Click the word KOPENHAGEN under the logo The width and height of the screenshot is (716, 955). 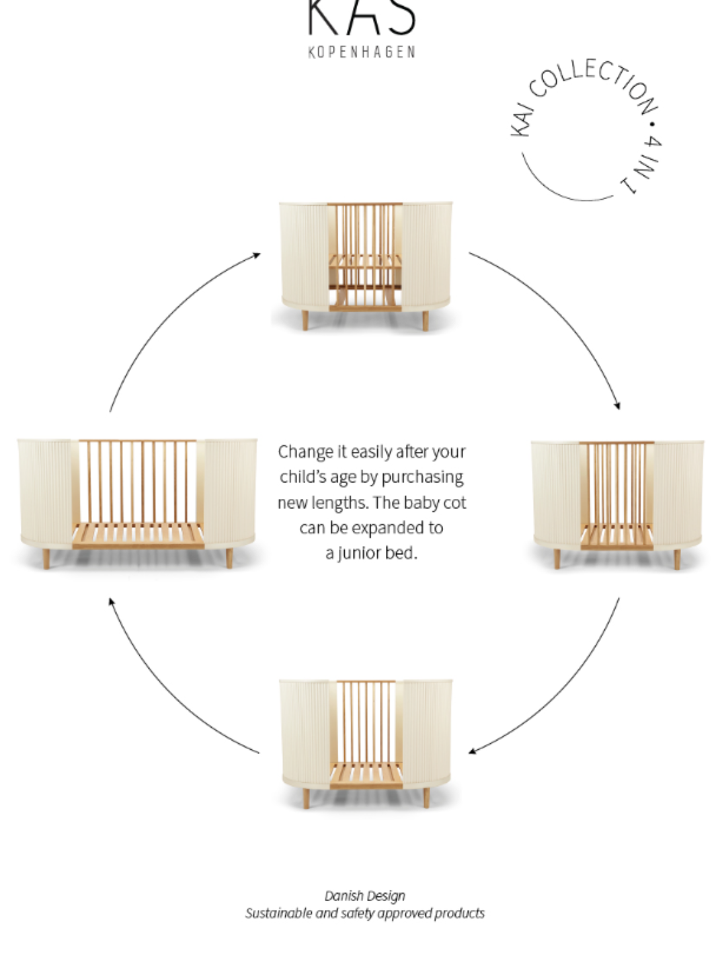(361, 52)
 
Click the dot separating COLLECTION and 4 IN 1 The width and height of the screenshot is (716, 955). (652, 124)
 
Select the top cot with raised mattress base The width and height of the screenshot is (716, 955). (365, 266)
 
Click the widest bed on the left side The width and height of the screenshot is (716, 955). (137, 504)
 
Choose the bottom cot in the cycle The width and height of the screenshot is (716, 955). (365, 744)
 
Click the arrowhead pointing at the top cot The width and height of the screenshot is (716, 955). (257, 255)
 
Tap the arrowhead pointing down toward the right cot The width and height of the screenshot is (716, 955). (617, 406)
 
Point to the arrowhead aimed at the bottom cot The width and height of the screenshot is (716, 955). (473, 751)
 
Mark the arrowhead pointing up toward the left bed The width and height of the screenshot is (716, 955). (112, 602)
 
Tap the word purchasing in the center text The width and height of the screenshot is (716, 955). (422, 477)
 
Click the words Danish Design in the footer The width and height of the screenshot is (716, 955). (365, 896)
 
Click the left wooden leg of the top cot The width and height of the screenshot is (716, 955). (305, 320)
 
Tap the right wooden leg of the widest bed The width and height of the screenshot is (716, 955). (229, 559)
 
